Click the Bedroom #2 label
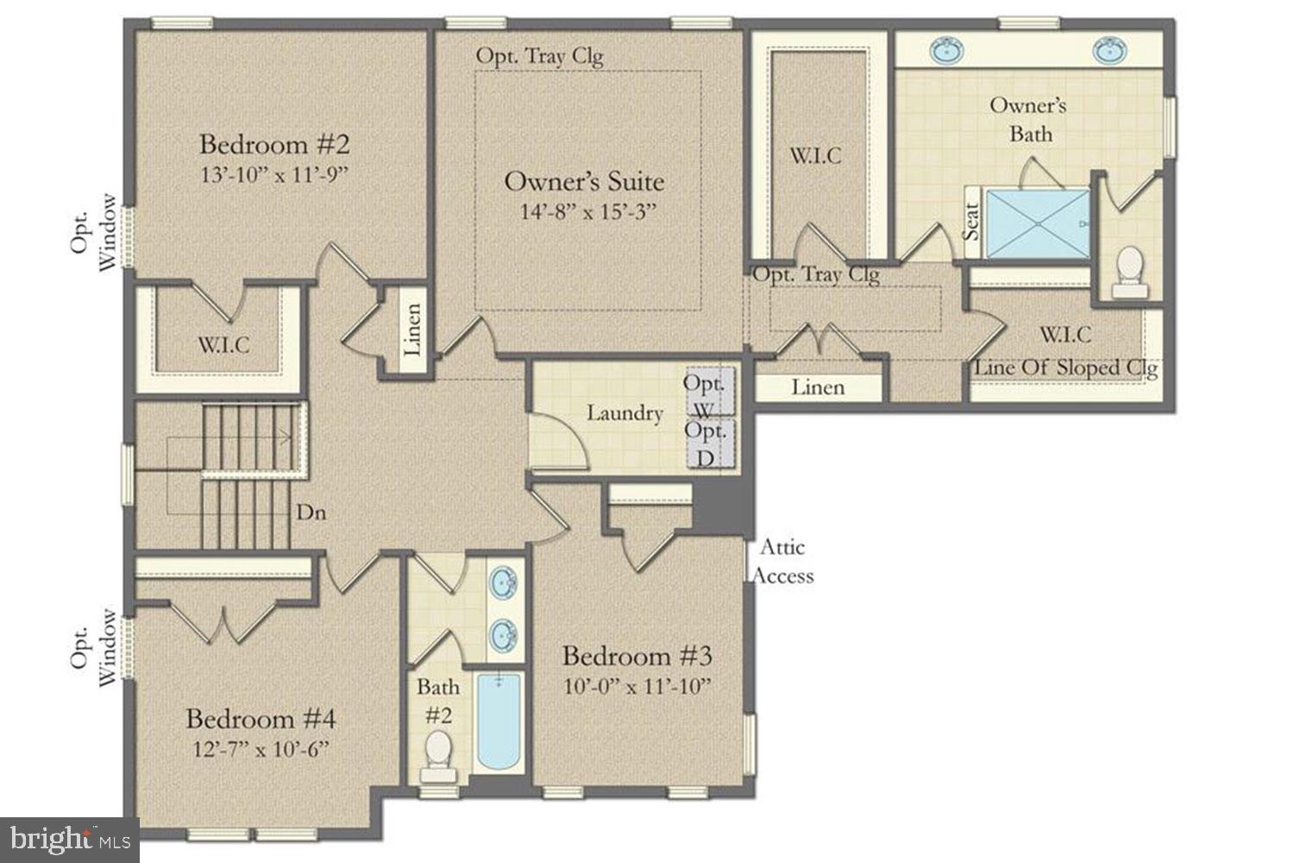click(x=274, y=144)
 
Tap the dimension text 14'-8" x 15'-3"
click(x=588, y=212)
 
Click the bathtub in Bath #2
click(x=499, y=722)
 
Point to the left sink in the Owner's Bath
click(x=947, y=50)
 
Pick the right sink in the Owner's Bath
click(x=1109, y=50)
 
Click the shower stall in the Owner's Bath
click(x=1038, y=224)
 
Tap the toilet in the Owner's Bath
click(x=1130, y=272)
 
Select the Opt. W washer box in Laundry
click(x=710, y=391)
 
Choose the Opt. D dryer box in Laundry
click(x=711, y=444)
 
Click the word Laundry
click(x=625, y=413)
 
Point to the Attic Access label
click(x=782, y=561)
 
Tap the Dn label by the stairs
click(x=311, y=512)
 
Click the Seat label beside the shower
click(x=971, y=222)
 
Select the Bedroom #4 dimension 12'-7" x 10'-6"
click(x=261, y=750)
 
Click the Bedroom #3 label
click(x=638, y=656)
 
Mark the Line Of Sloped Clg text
click(x=1065, y=369)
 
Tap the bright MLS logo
click(x=70, y=840)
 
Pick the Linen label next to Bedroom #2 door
click(x=413, y=330)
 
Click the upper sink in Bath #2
click(x=503, y=582)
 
